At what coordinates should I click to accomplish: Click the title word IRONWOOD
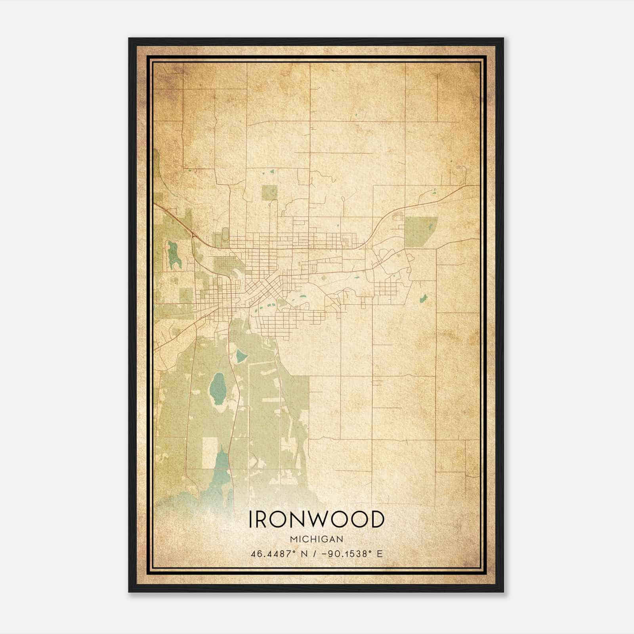316,519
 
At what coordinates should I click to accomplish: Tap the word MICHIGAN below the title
316,539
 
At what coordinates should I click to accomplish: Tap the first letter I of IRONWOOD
250,519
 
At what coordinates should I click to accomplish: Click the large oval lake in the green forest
218,387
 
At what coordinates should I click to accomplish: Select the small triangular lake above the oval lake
241,356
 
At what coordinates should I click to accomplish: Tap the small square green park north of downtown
269,193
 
